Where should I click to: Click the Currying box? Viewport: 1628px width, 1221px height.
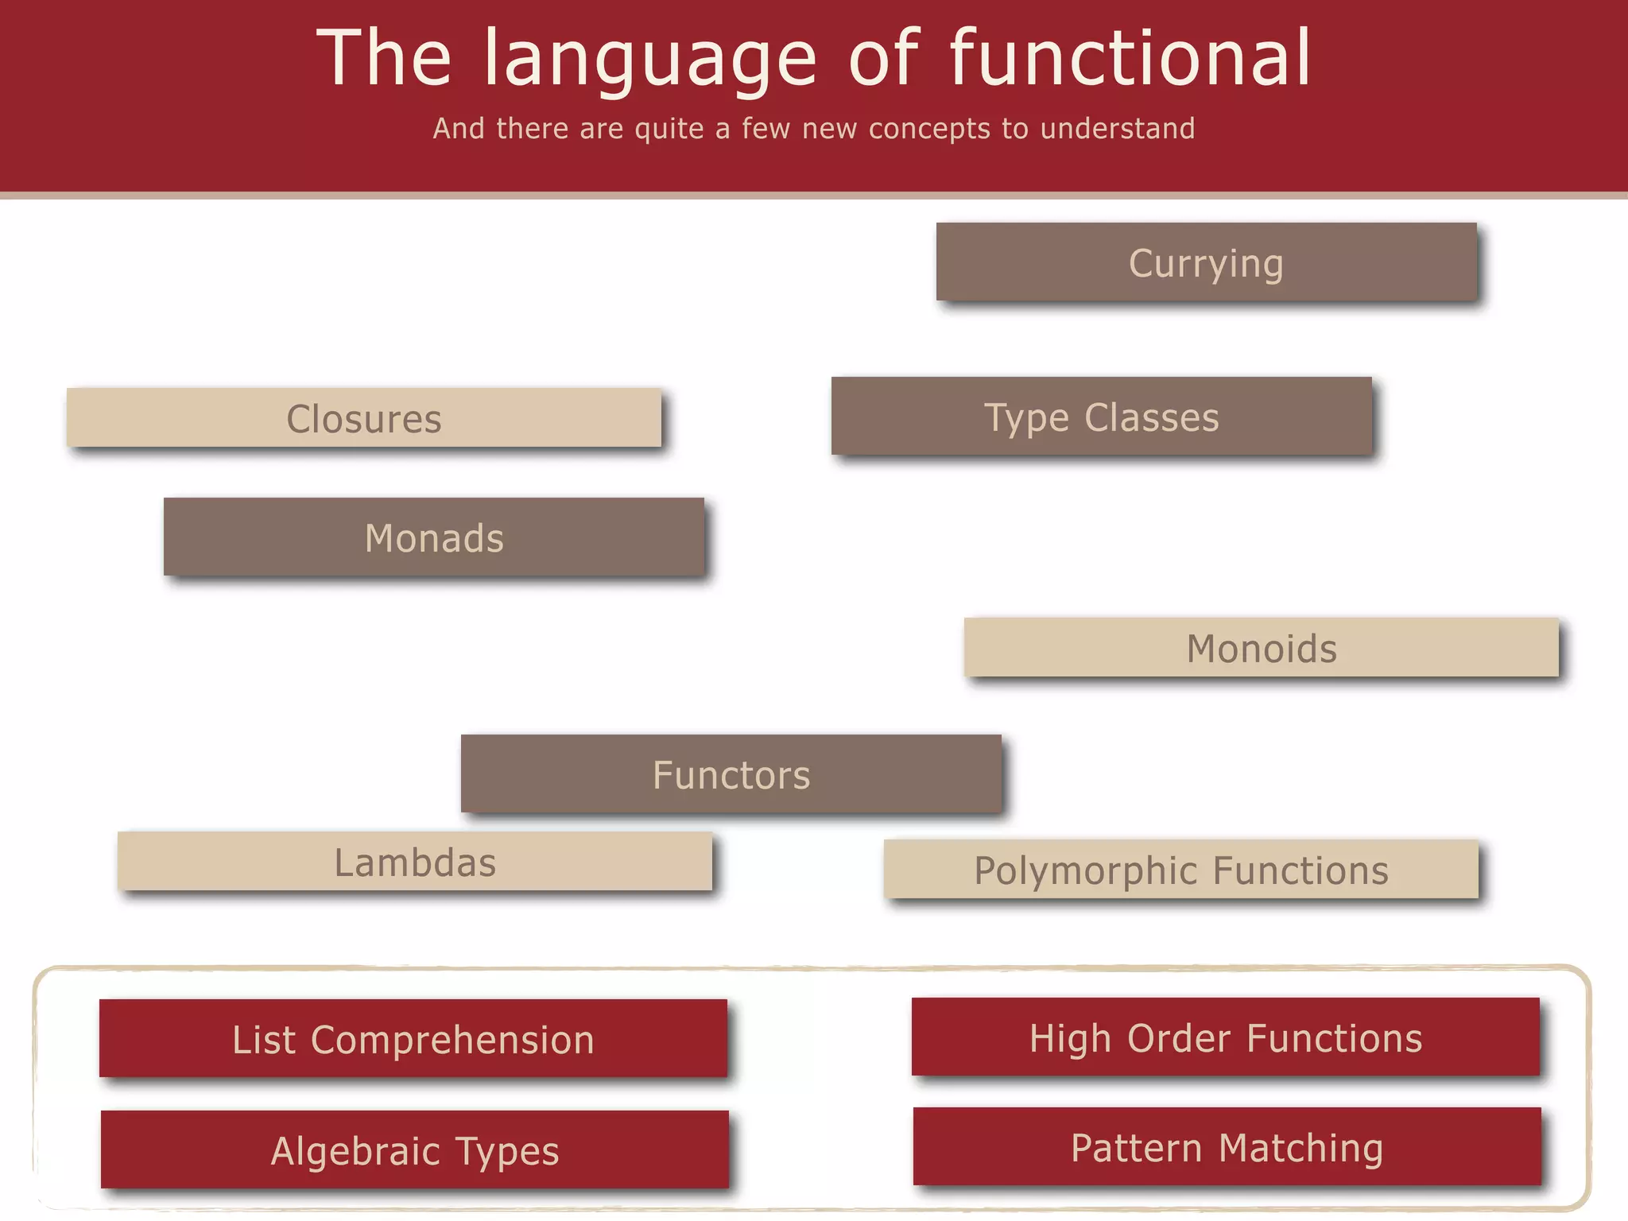[x=1206, y=262]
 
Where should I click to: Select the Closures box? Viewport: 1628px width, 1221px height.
[x=363, y=417]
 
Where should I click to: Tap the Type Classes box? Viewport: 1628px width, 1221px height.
[x=1101, y=416]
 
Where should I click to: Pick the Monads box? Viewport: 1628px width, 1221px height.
[x=433, y=537]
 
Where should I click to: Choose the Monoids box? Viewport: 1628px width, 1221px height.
[x=1261, y=647]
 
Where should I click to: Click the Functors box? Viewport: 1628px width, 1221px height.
[x=731, y=773]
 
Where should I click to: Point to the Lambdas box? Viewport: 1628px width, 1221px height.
[x=414, y=861]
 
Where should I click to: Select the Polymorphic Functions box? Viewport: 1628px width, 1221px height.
[x=1180, y=869]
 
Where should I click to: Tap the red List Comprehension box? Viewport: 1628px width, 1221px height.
[x=413, y=1038]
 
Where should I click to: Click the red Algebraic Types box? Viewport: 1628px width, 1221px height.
[x=414, y=1149]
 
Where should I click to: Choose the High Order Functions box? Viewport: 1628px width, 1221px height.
[x=1225, y=1037]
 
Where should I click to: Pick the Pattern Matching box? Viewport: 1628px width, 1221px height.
[x=1227, y=1146]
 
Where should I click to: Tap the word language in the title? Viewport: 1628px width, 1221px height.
[x=650, y=60]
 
